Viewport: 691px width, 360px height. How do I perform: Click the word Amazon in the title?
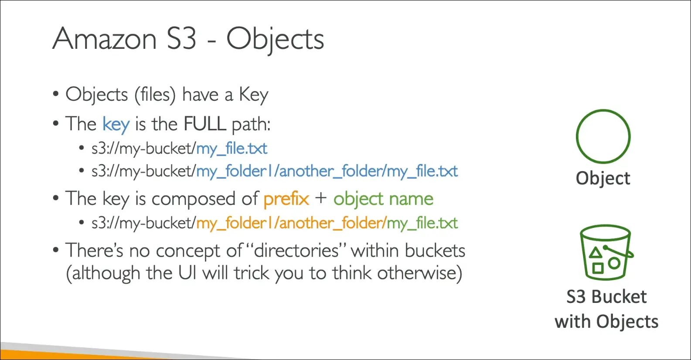[x=105, y=38]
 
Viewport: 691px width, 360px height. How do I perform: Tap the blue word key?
[x=116, y=125]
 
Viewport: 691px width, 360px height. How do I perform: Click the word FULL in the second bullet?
[x=205, y=124]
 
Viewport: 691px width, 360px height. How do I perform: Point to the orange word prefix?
[x=286, y=199]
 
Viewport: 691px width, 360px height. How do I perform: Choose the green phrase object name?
[x=383, y=199]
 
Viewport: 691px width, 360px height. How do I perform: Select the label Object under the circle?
[x=603, y=179]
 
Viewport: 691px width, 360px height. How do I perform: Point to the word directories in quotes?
[x=296, y=251]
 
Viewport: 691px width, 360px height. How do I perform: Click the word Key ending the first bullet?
[x=254, y=95]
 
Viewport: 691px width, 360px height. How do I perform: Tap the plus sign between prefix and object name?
[x=321, y=198]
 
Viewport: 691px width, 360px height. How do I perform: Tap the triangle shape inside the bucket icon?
[x=596, y=252]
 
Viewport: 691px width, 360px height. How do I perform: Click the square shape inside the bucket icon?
[x=598, y=268]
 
